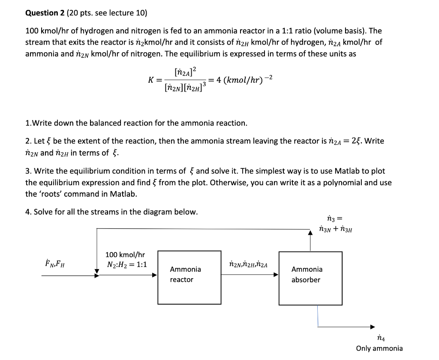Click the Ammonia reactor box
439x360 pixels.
(x=185, y=278)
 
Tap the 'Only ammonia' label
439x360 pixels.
(x=379, y=348)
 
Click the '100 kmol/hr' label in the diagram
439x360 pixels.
(x=125, y=255)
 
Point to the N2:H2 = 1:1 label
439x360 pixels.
(x=127, y=264)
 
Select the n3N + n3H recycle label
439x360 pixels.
(x=335, y=229)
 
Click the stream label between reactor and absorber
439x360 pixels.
(x=248, y=264)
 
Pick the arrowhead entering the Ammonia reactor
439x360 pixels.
(x=155, y=275)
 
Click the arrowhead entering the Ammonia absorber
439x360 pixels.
(x=277, y=275)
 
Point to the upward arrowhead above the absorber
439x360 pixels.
(x=311, y=232)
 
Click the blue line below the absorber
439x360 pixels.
(x=318, y=315)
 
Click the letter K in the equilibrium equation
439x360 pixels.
(x=151, y=80)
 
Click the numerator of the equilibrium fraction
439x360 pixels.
(x=185, y=72)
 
